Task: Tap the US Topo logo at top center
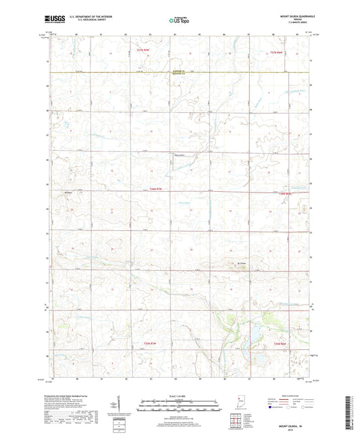[179, 21]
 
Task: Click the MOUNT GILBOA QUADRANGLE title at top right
[292, 15]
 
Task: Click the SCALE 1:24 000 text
[179, 395]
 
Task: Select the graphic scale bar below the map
[179, 405]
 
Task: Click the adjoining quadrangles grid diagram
[238, 422]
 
